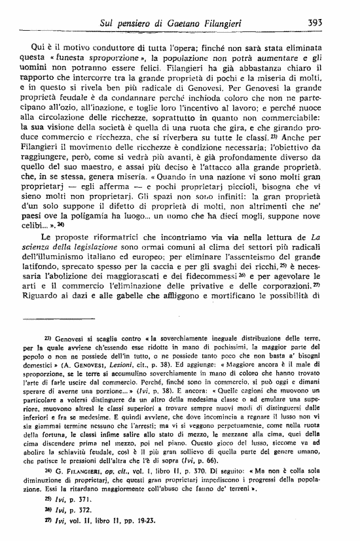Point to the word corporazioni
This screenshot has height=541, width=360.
[290, 290]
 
